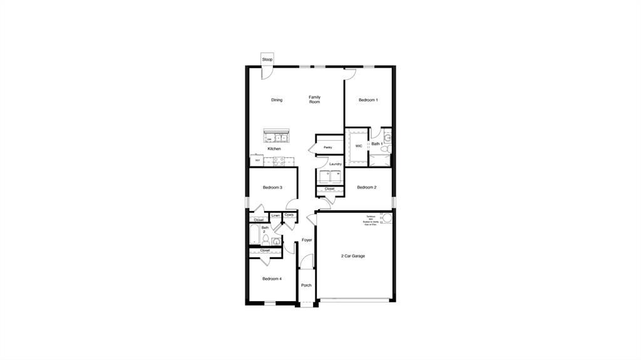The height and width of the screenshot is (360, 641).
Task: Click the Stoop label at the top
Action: (x=267, y=59)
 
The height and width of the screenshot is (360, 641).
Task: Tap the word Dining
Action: (x=277, y=100)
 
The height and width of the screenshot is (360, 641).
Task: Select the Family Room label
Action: (x=314, y=100)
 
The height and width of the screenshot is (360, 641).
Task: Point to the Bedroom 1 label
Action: (x=368, y=100)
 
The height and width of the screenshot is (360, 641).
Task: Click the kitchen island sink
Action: (x=275, y=137)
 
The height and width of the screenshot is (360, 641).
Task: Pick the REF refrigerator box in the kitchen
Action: (x=257, y=160)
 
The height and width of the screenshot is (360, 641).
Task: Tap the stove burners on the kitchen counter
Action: (x=279, y=161)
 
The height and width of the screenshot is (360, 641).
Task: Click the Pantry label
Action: (x=327, y=148)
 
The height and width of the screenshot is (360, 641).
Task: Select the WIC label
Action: (x=359, y=146)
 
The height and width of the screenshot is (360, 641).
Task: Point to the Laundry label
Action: (x=336, y=164)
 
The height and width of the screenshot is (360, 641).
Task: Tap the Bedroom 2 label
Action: (x=366, y=187)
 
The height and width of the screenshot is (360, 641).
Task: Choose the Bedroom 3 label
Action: (x=272, y=187)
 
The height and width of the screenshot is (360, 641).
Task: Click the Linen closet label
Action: (x=275, y=216)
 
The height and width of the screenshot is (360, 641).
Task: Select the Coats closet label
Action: (x=289, y=215)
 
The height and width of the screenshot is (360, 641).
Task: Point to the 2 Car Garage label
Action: (x=353, y=256)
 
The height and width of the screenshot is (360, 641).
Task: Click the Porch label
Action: (x=306, y=285)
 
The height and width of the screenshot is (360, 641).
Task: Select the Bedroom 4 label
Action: (x=272, y=279)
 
